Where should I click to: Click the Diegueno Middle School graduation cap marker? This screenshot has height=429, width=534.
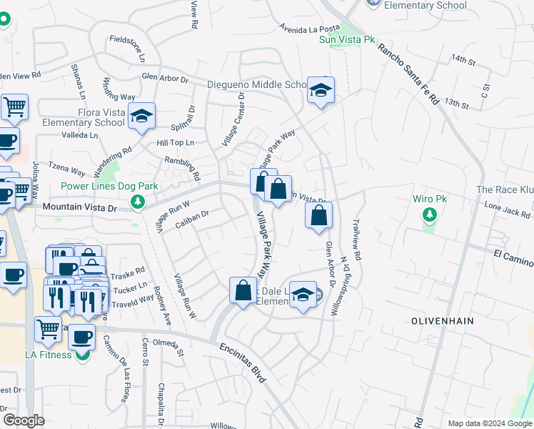[321, 91]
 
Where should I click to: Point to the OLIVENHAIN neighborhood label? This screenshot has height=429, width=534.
[443, 321]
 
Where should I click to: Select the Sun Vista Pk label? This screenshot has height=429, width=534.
[347, 39]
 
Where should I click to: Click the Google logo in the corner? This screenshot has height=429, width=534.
[24, 420]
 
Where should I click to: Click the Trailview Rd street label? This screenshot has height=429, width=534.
[358, 241]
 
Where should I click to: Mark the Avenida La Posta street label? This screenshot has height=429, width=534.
[308, 29]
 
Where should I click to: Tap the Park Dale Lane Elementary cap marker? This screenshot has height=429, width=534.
[303, 296]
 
